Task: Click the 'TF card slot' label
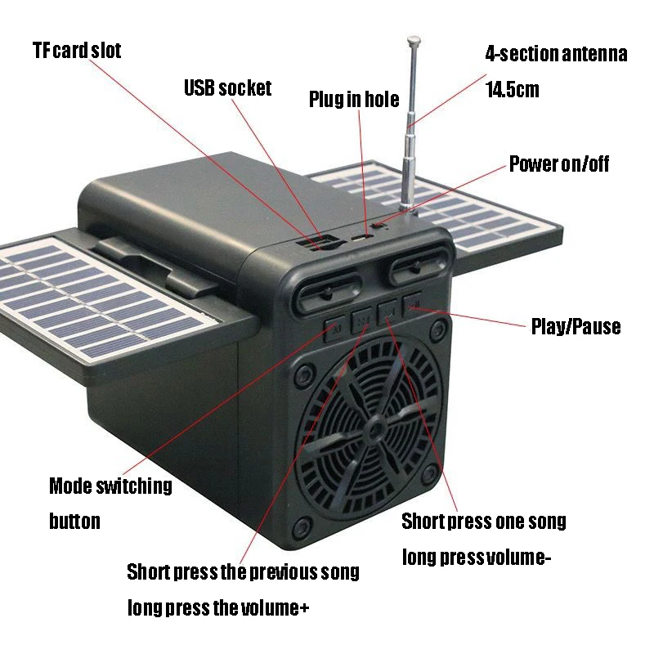pyautogui.click(x=76, y=51)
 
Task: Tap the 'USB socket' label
pyautogui.click(x=227, y=87)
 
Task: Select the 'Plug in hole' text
pyautogui.click(x=353, y=100)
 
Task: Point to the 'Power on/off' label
pyautogui.click(x=559, y=163)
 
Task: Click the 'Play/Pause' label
pyautogui.click(x=576, y=327)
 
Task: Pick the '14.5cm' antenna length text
pyautogui.click(x=513, y=89)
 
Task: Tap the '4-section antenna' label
pyautogui.click(x=556, y=55)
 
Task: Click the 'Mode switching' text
pyautogui.click(x=110, y=486)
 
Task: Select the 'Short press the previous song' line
pyautogui.click(x=243, y=572)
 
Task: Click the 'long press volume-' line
pyautogui.click(x=477, y=558)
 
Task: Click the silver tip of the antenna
pyautogui.click(x=414, y=38)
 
